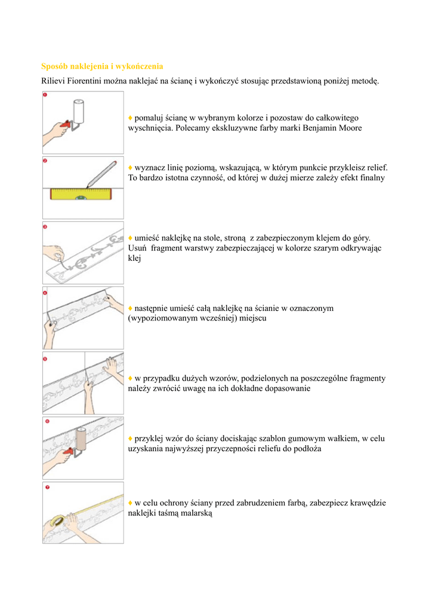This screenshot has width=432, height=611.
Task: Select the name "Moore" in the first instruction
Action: (350, 128)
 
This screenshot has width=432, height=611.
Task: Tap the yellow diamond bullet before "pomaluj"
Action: (130, 118)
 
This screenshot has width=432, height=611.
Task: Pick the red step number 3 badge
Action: (45, 226)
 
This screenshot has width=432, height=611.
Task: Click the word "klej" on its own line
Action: (135, 259)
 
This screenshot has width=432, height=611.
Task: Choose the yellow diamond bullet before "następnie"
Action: (130, 308)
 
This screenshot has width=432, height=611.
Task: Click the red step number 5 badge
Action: (45, 359)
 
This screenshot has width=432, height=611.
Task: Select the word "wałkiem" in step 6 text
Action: (347, 439)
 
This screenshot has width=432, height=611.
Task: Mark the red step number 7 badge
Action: (45, 487)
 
